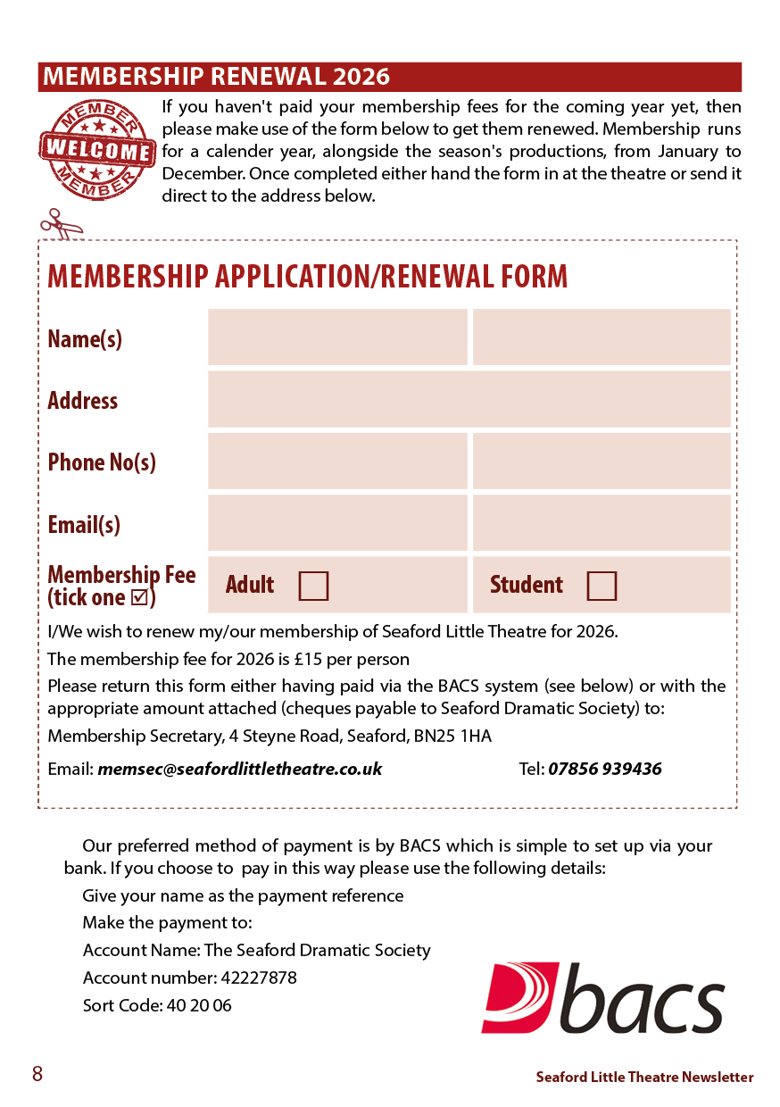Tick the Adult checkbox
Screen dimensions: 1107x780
pos(313,586)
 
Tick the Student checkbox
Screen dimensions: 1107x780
pos(602,586)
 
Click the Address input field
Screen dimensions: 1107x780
pos(469,399)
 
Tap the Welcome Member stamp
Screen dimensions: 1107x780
pos(96,149)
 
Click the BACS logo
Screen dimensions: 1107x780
pos(602,997)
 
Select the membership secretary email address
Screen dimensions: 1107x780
pos(240,769)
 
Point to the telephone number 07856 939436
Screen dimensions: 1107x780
pos(605,769)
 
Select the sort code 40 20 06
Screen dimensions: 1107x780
pos(198,1005)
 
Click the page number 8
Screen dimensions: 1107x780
pos(37,1074)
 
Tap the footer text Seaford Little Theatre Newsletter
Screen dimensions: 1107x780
pos(644,1078)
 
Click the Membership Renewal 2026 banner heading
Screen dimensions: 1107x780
pos(217,77)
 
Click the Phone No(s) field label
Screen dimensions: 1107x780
pos(102,462)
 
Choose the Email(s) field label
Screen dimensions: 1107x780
pos(84,524)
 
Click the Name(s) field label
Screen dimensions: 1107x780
pos(85,339)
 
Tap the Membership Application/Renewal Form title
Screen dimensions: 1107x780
pos(308,277)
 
